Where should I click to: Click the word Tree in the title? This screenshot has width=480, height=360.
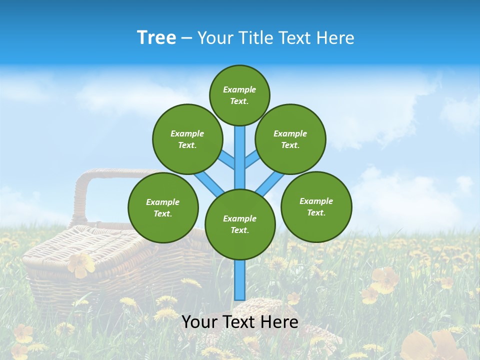pyautogui.click(x=156, y=38)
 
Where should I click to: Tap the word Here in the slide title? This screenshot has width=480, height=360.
pyautogui.click(x=335, y=38)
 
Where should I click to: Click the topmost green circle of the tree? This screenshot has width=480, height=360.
pyautogui.click(x=239, y=95)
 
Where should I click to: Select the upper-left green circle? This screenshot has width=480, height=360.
pyautogui.click(x=187, y=139)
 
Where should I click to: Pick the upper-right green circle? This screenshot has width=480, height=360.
pyautogui.click(x=290, y=139)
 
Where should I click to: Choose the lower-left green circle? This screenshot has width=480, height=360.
pyautogui.click(x=163, y=207)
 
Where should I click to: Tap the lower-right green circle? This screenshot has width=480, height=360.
pyautogui.click(x=316, y=206)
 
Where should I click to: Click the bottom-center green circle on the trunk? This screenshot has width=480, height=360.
pyautogui.click(x=240, y=224)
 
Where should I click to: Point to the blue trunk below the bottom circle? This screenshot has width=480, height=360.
pyautogui.click(x=240, y=280)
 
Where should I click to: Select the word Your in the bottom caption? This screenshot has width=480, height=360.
pyautogui.click(x=198, y=322)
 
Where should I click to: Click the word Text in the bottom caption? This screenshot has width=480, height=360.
pyautogui.click(x=240, y=322)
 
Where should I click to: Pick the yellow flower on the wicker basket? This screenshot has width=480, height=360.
pyautogui.click(x=80, y=264)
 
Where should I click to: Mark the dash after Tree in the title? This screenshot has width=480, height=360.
pyautogui.click(x=186, y=38)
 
